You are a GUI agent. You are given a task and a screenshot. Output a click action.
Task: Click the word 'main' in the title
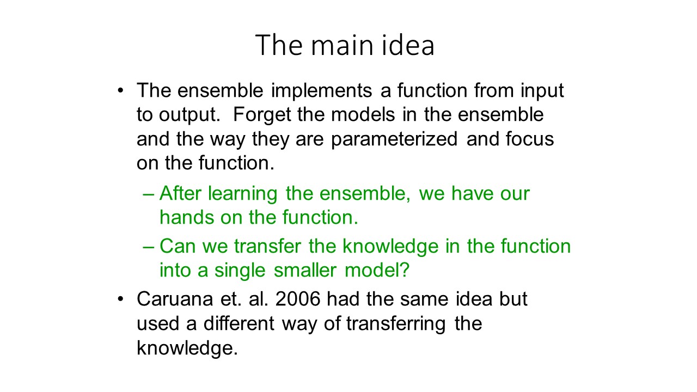pyautogui.click(x=342, y=45)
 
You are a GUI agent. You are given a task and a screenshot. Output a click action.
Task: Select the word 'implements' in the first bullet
pyautogui.click(x=321, y=90)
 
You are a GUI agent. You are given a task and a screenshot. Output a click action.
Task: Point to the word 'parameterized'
pyautogui.click(x=394, y=139)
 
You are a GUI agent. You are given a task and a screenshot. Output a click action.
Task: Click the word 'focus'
pyautogui.click(x=530, y=139)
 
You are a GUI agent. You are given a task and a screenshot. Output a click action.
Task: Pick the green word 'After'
pyautogui.click(x=180, y=193)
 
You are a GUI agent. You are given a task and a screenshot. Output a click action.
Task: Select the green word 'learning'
pyautogui.click(x=243, y=194)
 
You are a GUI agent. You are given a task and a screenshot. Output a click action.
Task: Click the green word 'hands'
pyautogui.click(x=187, y=217)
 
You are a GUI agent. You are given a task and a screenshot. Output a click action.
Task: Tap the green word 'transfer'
pyautogui.click(x=267, y=246)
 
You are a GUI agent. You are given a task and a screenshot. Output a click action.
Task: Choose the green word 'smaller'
pyautogui.click(x=305, y=270)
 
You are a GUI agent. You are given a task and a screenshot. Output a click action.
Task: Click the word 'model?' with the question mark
pyautogui.click(x=377, y=270)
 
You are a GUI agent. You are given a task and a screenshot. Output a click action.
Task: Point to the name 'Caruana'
pyautogui.click(x=175, y=299)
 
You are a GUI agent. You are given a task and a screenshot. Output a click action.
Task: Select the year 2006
pyautogui.click(x=298, y=299)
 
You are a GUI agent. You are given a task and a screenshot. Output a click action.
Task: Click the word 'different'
pyautogui.click(x=239, y=323)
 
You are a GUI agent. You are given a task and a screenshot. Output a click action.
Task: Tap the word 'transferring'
pyautogui.click(x=396, y=324)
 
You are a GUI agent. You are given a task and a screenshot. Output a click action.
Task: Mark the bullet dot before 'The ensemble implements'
pyautogui.click(x=121, y=91)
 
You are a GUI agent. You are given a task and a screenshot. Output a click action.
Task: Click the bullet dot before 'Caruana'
pyautogui.click(x=121, y=299)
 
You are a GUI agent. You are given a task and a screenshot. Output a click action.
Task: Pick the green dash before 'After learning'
pyautogui.click(x=149, y=195)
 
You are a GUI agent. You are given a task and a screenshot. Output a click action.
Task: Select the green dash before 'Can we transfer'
pyautogui.click(x=149, y=247)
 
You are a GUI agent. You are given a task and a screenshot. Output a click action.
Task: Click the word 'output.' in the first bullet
pyautogui.click(x=189, y=115)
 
